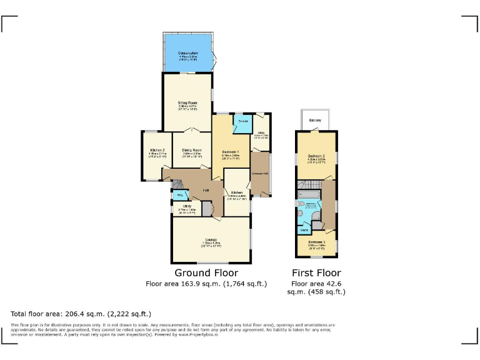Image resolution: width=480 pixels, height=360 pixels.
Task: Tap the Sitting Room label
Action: click(x=187, y=102)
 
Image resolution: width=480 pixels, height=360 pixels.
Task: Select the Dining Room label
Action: click(x=192, y=150)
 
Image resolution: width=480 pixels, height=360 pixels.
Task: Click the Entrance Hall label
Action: click(x=260, y=173)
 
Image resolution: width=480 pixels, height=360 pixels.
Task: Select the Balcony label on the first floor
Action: click(x=316, y=120)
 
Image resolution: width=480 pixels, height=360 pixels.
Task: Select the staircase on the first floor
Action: click(x=309, y=184)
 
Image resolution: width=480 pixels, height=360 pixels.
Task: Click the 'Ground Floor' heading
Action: click(x=206, y=273)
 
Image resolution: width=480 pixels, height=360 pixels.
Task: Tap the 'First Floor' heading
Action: click(x=316, y=273)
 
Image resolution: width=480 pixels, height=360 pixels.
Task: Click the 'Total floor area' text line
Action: click(x=81, y=314)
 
